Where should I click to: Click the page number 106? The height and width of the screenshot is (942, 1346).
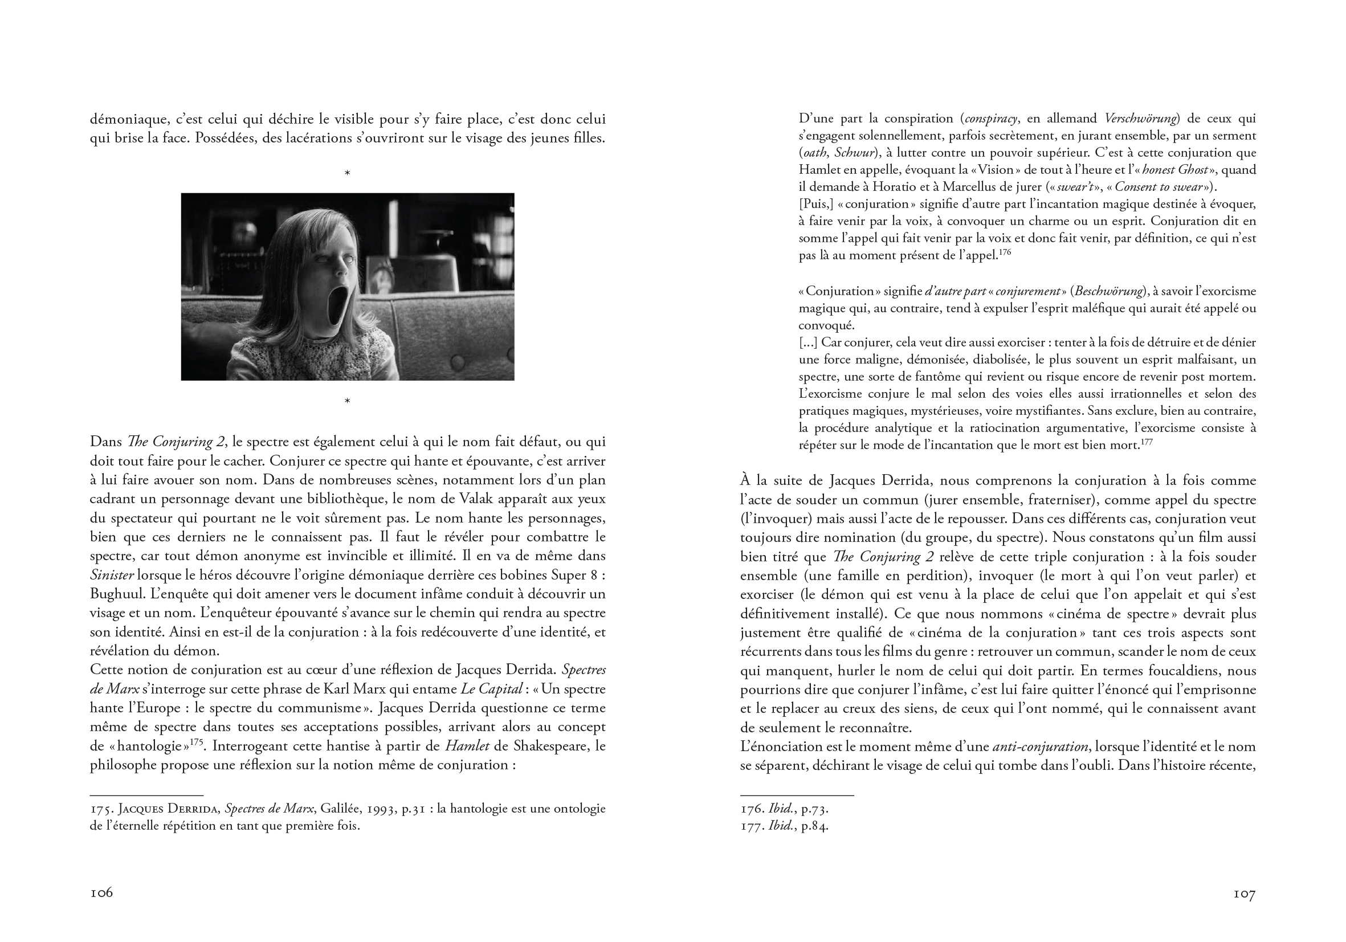[x=101, y=893]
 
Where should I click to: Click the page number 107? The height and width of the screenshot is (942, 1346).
[x=1244, y=894]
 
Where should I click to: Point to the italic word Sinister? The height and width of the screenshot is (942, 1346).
[x=112, y=575]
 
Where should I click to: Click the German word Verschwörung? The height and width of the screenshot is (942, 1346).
[x=1141, y=119]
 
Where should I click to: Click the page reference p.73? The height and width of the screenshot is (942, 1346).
[x=815, y=810]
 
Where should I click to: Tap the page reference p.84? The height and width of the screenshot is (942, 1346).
[x=815, y=826]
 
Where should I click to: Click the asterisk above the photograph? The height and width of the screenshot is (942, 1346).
[x=347, y=173]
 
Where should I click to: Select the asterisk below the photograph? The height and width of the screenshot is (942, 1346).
[x=347, y=402]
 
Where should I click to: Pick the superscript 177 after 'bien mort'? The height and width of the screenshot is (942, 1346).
[x=1147, y=442]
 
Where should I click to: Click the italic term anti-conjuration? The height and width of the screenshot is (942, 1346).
[x=1040, y=747]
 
